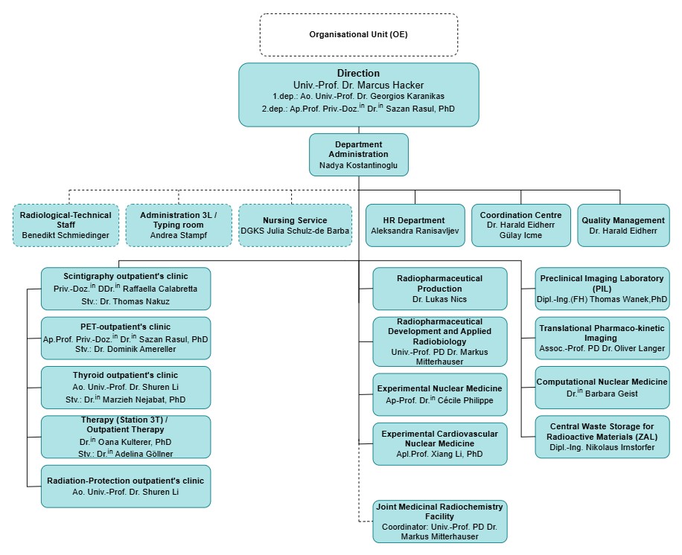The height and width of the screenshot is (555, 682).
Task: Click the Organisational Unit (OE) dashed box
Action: (358, 34)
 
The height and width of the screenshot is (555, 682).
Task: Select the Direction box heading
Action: (358, 73)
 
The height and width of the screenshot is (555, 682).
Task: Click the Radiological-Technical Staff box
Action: (66, 225)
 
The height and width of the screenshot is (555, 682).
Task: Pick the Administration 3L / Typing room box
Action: (178, 225)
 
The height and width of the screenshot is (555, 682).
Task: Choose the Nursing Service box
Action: (295, 225)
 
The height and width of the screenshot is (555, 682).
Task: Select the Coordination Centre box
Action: (520, 225)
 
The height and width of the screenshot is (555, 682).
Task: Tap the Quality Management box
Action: (623, 225)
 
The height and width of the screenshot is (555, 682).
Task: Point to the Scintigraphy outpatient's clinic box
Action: (126, 288)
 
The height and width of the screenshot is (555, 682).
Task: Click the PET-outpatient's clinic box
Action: (126, 338)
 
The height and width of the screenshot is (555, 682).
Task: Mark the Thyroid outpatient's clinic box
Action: (126, 387)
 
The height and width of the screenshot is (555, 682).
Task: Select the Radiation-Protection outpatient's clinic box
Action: (126, 486)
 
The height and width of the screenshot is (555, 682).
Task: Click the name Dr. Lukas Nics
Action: (439, 298)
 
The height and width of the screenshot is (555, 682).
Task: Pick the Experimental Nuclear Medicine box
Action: (439, 394)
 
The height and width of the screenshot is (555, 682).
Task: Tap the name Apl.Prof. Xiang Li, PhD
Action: (439, 454)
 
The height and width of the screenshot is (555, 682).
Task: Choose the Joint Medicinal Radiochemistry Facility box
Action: (439, 521)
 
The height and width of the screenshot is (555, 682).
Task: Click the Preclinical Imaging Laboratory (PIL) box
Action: (602, 289)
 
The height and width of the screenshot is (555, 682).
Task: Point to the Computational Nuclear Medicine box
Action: (602, 387)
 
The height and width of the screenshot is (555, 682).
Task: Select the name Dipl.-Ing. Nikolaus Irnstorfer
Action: (602, 447)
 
